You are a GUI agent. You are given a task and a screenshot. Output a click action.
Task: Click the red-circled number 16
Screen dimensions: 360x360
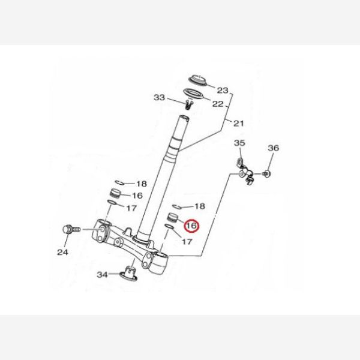tap(192, 226)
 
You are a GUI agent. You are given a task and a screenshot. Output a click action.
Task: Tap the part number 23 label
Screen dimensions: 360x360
tap(223, 91)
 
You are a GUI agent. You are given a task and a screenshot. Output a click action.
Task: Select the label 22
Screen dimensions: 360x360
tap(217, 104)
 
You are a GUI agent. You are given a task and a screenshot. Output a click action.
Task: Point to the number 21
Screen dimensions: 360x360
tap(239, 124)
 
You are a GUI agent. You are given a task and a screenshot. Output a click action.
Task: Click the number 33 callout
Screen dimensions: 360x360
tap(160, 97)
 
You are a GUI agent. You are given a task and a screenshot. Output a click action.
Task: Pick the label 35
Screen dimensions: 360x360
tap(239, 143)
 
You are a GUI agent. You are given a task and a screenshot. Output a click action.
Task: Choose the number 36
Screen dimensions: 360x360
tap(273, 148)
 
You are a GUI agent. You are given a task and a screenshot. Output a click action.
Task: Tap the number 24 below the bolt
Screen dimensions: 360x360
tap(62, 252)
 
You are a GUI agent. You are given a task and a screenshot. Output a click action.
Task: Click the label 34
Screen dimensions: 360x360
tap(102, 274)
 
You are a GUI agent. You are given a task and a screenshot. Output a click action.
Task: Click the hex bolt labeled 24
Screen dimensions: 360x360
tap(71, 230)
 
